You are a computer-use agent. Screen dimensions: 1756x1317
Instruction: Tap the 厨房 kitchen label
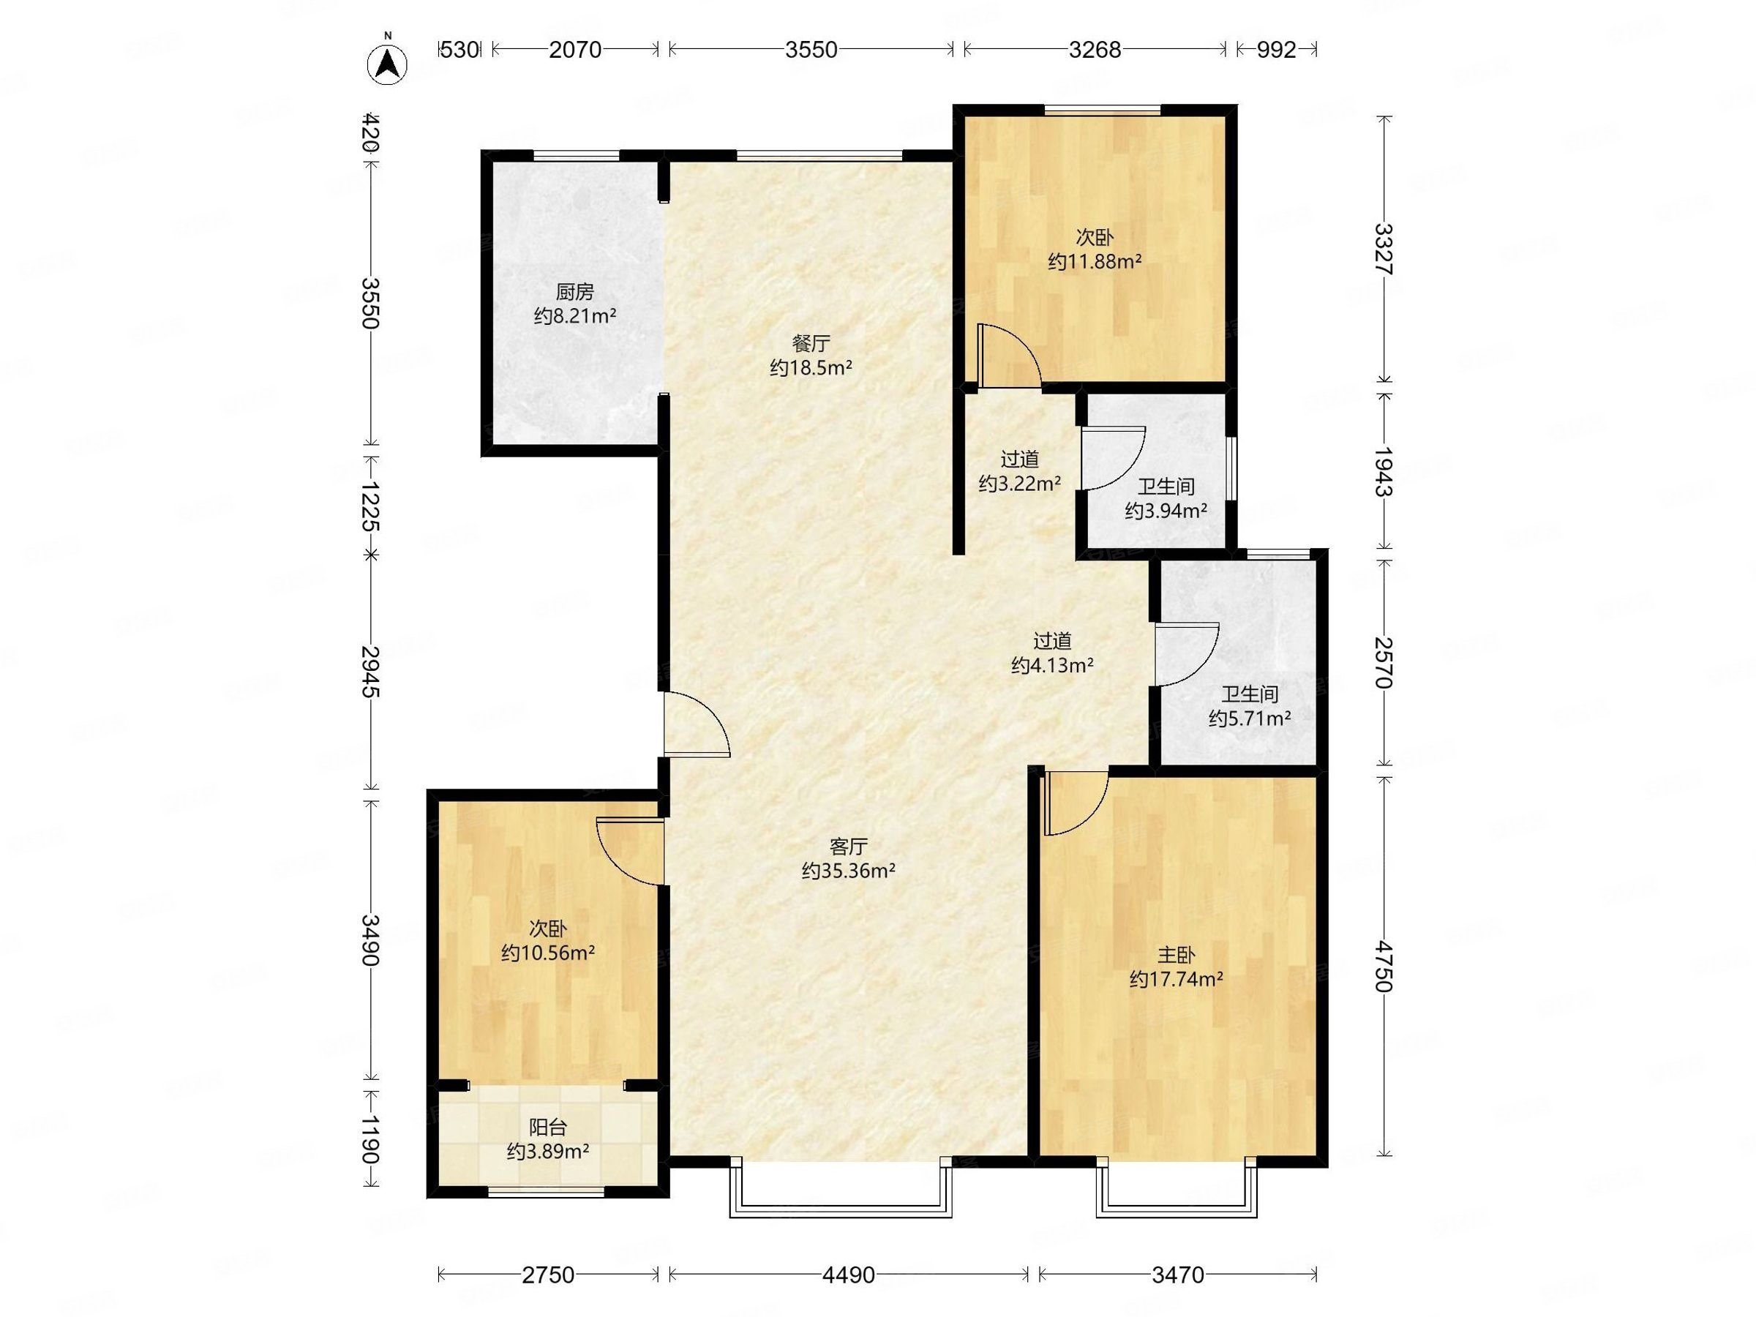coord(575,292)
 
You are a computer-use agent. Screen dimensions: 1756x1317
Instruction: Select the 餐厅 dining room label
coord(811,344)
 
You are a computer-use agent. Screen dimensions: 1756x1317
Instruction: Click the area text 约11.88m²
coord(1095,261)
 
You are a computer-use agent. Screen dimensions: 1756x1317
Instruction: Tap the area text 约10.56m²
coord(548,953)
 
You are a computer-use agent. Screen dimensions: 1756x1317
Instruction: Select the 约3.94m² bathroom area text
coord(1166,511)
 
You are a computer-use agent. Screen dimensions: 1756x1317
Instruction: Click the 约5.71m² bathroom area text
coord(1250,718)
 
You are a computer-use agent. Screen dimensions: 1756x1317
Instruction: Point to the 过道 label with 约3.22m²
coord(1019,459)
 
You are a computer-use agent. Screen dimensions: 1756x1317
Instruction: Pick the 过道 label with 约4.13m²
coord(1053,640)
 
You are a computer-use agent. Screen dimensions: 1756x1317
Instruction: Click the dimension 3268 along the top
coord(1095,49)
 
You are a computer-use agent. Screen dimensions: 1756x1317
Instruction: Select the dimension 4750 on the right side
coord(1384,966)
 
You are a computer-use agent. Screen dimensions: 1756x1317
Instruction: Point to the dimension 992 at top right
coord(1277,49)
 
